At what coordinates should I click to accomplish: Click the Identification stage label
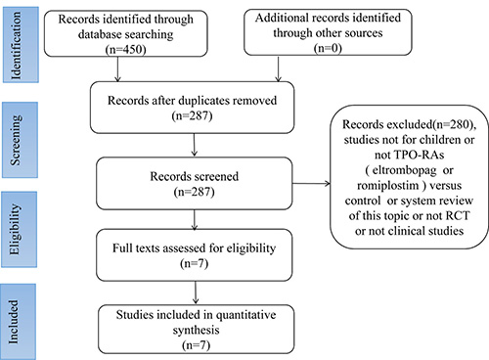coord(16,45)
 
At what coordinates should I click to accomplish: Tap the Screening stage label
coord(16,140)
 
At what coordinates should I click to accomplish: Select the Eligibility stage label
coord(15,229)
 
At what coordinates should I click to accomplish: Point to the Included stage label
coord(13,322)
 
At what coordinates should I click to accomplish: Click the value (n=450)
coord(125,49)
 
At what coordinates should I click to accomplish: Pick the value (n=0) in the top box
coord(328,48)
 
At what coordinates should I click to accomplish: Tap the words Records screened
coord(195,176)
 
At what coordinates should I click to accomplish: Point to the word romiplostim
coord(388,186)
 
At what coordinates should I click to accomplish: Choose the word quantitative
coord(246,315)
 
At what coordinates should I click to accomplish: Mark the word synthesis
coord(196,331)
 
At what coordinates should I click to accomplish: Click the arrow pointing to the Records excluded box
coord(311,184)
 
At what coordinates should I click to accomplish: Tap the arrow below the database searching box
coord(117,69)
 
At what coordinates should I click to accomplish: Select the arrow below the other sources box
coord(278,68)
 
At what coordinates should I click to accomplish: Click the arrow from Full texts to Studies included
coord(196,292)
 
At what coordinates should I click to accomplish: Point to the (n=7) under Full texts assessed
coord(194,263)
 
